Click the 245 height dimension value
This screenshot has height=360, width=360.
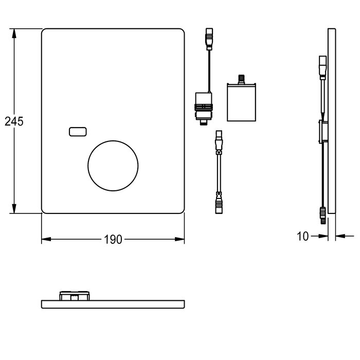(14, 121)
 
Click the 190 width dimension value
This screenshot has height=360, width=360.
(113, 240)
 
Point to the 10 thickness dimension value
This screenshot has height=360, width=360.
(303, 236)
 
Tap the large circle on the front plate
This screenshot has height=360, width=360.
(113, 141)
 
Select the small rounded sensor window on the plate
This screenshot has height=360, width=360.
(78, 132)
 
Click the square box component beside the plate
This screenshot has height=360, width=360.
(241, 102)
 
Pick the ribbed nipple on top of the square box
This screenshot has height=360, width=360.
(241, 79)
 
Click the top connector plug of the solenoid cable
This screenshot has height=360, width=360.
(209, 39)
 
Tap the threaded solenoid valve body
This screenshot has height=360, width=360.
(204, 109)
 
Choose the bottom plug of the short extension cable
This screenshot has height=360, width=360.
(219, 204)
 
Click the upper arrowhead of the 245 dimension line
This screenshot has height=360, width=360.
(14, 34)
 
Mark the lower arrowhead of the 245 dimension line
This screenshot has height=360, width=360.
(14, 208)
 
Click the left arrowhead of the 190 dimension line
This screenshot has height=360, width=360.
(46, 239)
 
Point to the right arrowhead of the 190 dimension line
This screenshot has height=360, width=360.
(179, 239)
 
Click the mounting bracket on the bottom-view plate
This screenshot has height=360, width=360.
(75, 296)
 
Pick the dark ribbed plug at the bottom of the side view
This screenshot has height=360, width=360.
(323, 215)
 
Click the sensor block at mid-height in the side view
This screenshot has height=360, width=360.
(323, 132)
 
